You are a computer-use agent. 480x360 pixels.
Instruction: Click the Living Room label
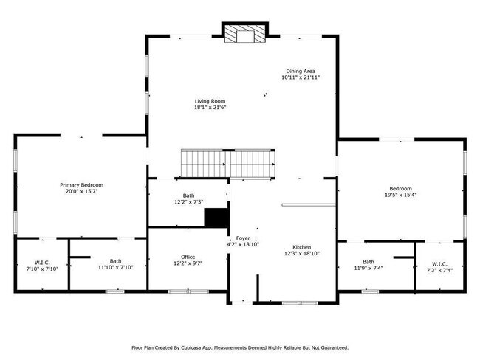pyautogui.click(x=210, y=101)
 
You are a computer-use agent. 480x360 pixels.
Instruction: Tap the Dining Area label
pyautogui.click(x=300, y=71)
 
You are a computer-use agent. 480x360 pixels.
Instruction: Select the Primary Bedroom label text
pyautogui.click(x=81, y=184)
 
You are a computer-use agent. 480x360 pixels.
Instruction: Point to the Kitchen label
pyautogui.click(x=301, y=246)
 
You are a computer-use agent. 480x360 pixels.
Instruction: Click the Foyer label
pyautogui.click(x=243, y=238)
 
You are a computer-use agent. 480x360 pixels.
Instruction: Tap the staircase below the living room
pyautogui.click(x=230, y=162)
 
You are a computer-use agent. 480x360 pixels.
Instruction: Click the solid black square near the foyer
pyautogui.click(x=216, y=218)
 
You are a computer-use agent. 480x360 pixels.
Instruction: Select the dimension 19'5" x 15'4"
pyautogui.click(x=401, y=195)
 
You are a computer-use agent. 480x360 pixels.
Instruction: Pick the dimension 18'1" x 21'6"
pyautogui.click(x=210, y=108)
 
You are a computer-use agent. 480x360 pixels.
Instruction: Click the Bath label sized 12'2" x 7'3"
pyautogui.click(x=188, y=195)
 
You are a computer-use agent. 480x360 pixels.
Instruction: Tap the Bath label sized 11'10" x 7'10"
pyautogui.click(x=116, y=260)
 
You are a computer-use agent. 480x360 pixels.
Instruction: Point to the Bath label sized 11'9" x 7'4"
pyautogui.click(x=368, y=262)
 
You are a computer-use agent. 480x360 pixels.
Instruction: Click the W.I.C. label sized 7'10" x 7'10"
pyautogui.click(x=41, y=262)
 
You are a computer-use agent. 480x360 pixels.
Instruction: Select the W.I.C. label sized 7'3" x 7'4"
pyautogui.click(x=439, y=263)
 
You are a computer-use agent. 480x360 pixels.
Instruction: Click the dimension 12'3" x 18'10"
pyautogui.click(x=301, y=253)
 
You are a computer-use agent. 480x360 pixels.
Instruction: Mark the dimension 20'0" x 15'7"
pyautogui.click(x=81, y=191)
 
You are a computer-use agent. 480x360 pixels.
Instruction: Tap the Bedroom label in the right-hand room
pyautogui.click(x=401, y=188)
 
